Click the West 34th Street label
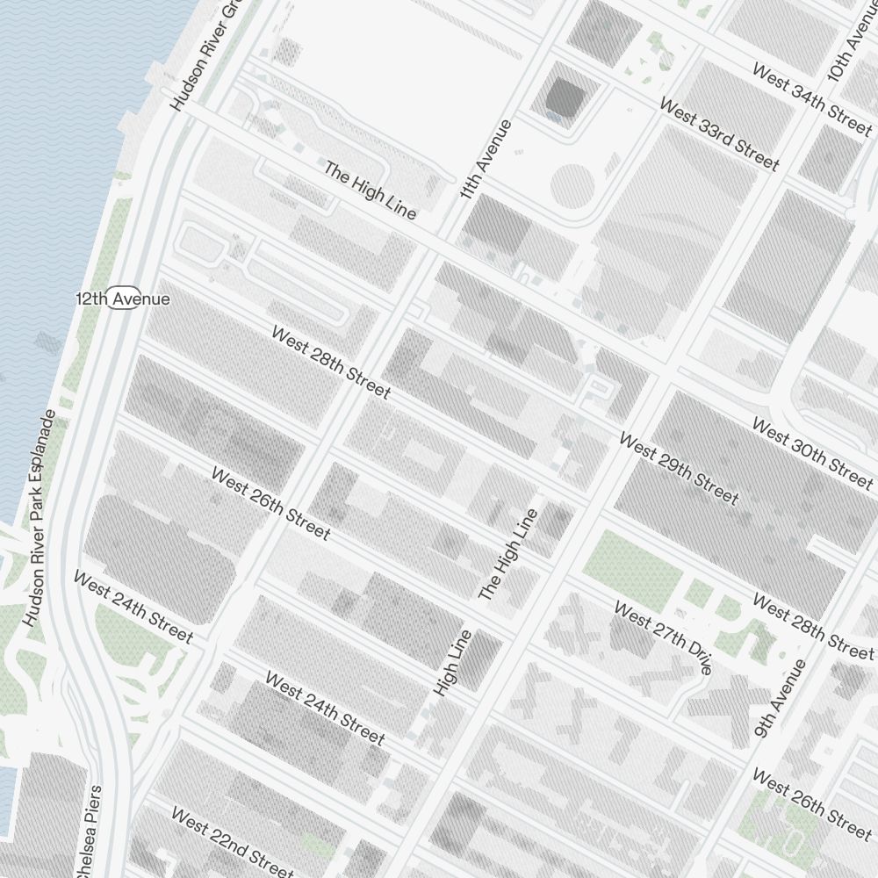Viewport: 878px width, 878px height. point(812,97)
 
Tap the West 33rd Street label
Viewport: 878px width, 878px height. point(718,134)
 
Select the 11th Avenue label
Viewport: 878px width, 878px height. point(486,159)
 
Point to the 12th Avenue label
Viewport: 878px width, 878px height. point(123,299)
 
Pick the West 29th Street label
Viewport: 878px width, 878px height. point(678,468)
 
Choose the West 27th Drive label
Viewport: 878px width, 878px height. point(662,637)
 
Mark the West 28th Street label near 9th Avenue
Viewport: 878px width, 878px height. point(813,628)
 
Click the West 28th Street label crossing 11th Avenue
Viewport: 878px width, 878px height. point(330,362)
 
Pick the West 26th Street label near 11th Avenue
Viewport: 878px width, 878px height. point(270,503)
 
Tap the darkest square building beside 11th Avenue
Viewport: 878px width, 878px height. point(564,97)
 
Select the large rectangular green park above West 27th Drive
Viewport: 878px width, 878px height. point(632,562)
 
